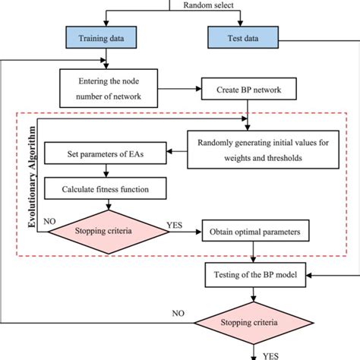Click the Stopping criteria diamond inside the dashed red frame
point(109,226)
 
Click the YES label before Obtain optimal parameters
point(175,225)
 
